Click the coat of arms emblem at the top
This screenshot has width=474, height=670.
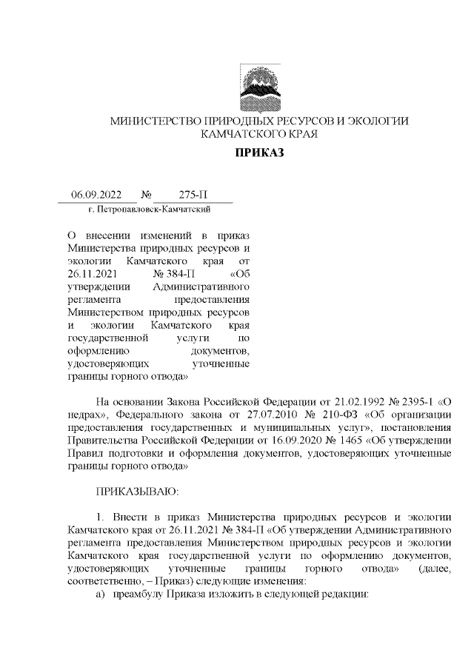pos(259,87)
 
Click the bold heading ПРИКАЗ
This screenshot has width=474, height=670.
pos(259,154)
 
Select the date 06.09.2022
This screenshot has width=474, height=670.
pos(96,195)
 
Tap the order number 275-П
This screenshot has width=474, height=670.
pos(193,195)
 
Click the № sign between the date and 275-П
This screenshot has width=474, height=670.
pos(146,195)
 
